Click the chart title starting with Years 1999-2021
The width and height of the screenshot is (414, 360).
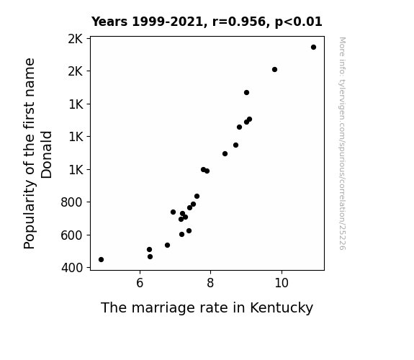[x=207, y=22]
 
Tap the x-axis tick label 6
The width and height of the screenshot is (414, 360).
[x=140, y=283]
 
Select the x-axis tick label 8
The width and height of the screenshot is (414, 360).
[x=210, y=283]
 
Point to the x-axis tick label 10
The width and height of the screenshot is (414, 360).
[x=282, y=283]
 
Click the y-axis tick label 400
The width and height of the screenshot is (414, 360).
[x=72, y=268]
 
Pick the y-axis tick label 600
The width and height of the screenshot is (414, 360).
[x=72, y=235]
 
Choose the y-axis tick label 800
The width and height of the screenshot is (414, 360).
[x=72, y=202]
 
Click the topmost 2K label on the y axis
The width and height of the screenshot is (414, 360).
[x=76, y=39]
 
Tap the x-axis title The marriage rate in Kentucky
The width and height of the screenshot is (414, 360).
[x=207, y=307]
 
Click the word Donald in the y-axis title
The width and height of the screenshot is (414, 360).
[x=47, y=155]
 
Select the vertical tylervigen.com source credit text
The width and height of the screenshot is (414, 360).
[x=342, y=143]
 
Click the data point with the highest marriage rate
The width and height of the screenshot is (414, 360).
[x=313, y=48]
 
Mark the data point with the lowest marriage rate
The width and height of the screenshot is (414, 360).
[x=101, y=260]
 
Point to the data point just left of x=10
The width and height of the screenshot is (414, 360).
[x=274, y=69]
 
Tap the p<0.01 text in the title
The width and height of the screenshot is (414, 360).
[x=299, y=22]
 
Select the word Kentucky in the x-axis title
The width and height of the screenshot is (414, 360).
[x=282, y=308]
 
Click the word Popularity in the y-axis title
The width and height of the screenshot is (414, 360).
[x=29, y=214]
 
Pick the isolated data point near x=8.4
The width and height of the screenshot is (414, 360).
[x=225, y=153]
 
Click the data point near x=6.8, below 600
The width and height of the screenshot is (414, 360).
[x=167, y=245]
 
